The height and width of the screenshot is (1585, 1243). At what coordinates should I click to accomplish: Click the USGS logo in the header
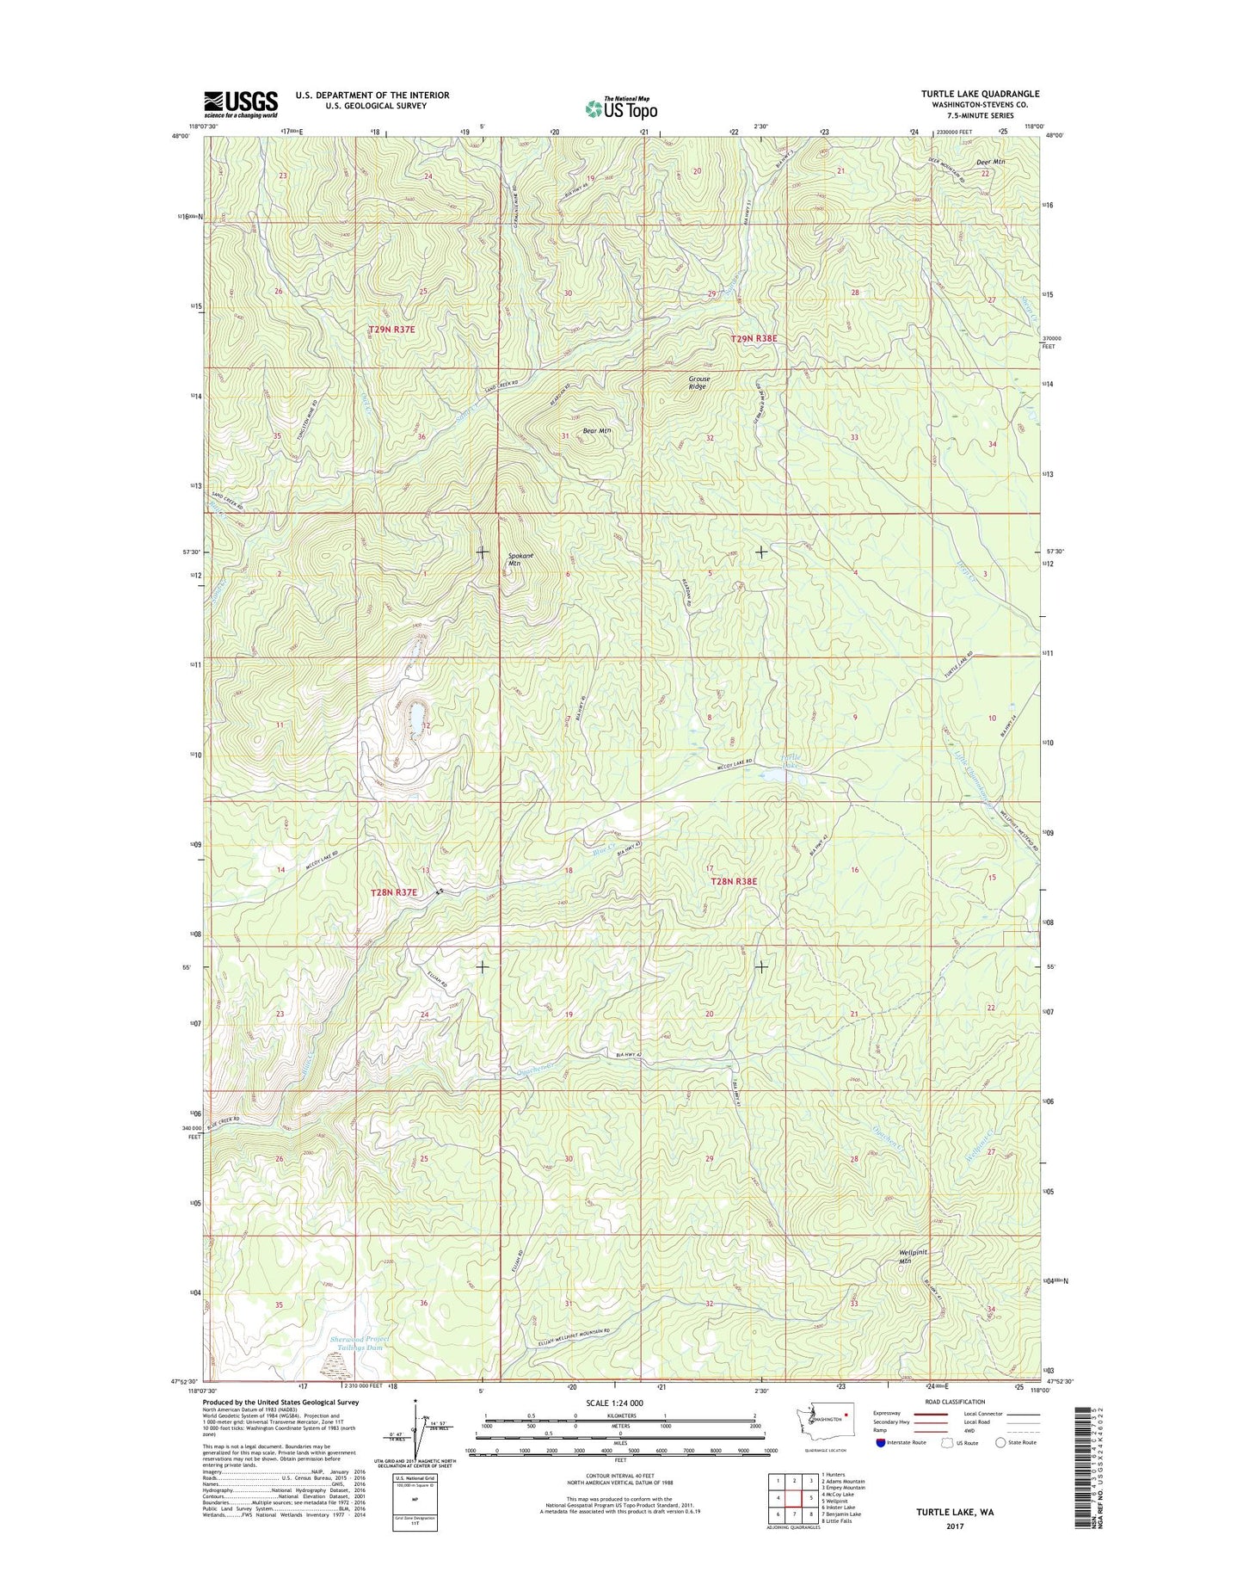coord(240,103)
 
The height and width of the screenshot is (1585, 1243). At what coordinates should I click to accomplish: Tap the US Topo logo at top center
coord(621,108)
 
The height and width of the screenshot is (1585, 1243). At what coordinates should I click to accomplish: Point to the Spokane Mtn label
coord(520,560)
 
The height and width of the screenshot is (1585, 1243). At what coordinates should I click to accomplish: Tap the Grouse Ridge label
coord(698,382)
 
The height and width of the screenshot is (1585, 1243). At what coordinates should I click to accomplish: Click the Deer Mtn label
coord(990,162)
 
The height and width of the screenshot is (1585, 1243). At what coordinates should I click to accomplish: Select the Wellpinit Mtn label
coord(915,1256)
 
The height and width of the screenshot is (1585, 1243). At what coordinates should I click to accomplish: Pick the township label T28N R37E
coord(393,892)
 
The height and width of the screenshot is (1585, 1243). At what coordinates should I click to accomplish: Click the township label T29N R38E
coord(754,339)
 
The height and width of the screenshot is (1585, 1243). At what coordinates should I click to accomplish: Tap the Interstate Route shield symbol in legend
coord(881,1443)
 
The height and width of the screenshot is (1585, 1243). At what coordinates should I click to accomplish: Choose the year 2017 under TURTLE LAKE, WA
coord(955,1526)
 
